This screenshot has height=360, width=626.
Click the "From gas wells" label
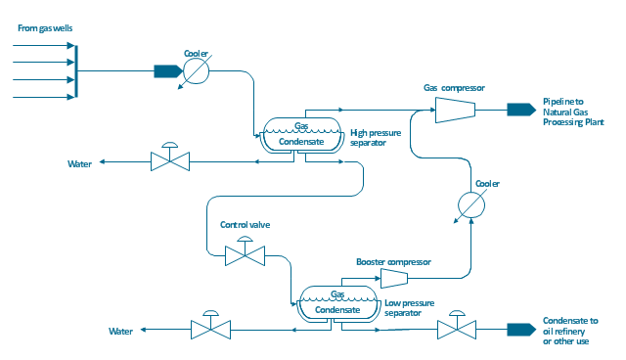pyautogui.click(x=45, y=28)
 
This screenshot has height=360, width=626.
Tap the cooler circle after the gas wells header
pyautogui.click(x=196, y=71)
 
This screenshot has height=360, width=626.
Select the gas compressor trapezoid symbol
pyautogui.click(x=455, y=110)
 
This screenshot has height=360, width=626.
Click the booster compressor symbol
pyautogui.click(x=394, y=278)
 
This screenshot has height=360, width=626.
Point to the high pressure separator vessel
pyautogui.click(x=302, y=135)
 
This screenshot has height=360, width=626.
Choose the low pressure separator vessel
pyautogui.click(x=338, y=303)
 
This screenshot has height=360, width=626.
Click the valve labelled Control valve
pyautogui.click(x=245, y=251)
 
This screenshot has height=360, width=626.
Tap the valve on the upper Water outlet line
pyautogui.click(x=170, y=157)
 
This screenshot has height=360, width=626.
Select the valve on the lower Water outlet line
pyautogui.click(x=211, y=325)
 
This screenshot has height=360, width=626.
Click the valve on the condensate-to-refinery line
pyautogui.click(x=457, y=325)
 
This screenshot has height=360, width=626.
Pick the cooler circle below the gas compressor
pyautogui.click(x=471, y=205)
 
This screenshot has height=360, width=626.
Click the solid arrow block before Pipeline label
pyautogui.click(x=521, y=110)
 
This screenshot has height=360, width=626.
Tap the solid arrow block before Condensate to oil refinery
pyautogui.click(x=521, y=330)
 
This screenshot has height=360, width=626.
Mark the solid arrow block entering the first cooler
pyautogui.click(x=168, y=71)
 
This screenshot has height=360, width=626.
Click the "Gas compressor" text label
pyautogui.click(x=454, y=88)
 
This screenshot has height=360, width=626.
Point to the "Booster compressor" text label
pyautogui.click(x=393, y=262)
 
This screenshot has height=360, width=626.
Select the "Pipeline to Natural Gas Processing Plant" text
pyautogui.click(x=573, y=112)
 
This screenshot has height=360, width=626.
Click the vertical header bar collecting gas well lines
pyautogui.click(x=76, y=71)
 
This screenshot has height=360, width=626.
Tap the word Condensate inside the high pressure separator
pyautogui.click(x=301, y=142)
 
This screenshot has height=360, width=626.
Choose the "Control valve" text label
pyautogui.click(x=246, y=225)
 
